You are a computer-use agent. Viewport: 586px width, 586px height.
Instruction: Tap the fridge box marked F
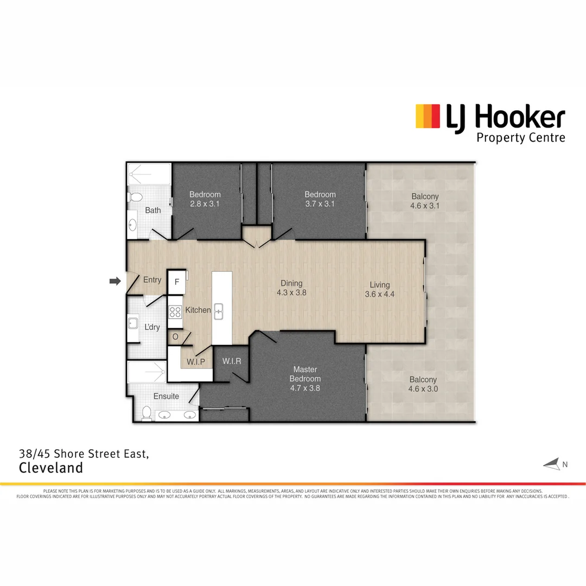(176, 282)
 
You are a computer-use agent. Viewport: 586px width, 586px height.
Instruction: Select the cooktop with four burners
(175, 312)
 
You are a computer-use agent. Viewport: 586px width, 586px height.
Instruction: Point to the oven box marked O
(175, 336)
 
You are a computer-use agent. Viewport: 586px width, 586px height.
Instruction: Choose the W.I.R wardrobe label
(232, 361)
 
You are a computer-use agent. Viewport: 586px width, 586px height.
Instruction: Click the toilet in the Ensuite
(145, 414)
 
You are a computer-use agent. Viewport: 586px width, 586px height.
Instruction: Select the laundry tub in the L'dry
(133, 324)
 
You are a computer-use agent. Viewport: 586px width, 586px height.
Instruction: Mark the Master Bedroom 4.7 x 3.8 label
(304, 379)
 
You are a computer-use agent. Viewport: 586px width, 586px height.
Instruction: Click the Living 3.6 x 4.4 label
(380, 290)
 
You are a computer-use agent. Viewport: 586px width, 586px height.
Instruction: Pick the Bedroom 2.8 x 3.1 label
(205, 199)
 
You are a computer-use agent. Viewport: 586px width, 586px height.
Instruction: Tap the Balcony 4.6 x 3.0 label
(423, 384)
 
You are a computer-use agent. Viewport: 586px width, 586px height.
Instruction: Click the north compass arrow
(551, 464)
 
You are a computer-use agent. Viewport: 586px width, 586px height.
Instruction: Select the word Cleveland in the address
(51, 468)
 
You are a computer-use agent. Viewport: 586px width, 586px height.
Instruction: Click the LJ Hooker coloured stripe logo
(428, 116)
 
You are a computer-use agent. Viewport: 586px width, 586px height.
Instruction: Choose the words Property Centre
(520, 137)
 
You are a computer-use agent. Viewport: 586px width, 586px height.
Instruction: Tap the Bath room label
(153, 210)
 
